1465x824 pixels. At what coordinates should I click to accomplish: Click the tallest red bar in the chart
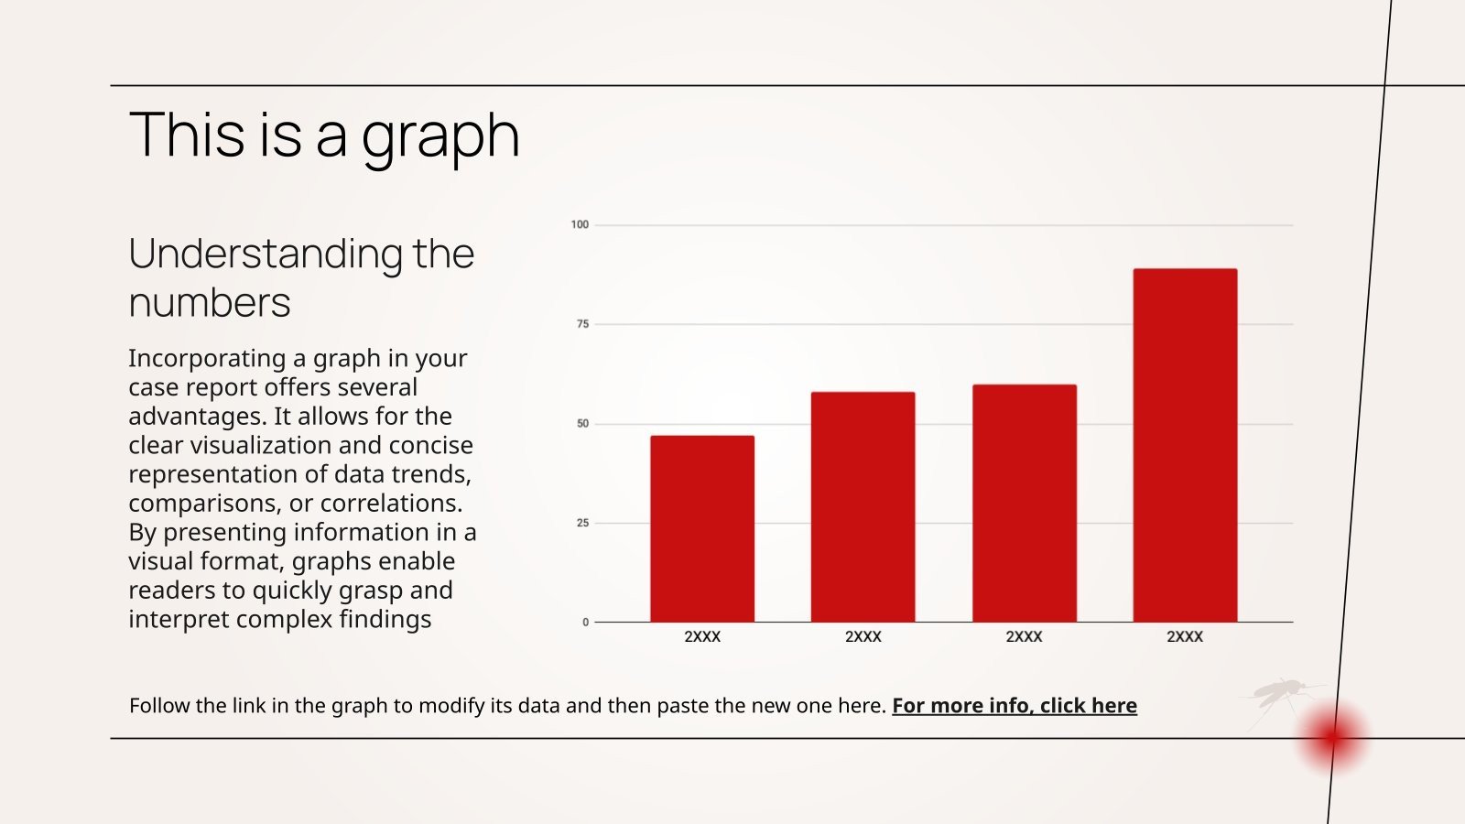click(1185, 445)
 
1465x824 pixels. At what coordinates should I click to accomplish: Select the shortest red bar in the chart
click(702, 528)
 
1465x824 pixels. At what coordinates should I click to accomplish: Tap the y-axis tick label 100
click(580, 224)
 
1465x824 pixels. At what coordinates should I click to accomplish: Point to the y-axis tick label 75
click(582, 324)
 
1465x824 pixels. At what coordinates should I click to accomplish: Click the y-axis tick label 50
click(582, 424)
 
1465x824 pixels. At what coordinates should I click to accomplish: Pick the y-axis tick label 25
click(582, 523)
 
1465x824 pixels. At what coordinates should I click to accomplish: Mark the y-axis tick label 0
click(586, 623)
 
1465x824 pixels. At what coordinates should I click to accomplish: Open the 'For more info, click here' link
click(1015, 705)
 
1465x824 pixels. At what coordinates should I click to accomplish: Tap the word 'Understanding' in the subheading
click(265, 254)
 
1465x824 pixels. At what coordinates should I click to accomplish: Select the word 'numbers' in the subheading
click(210, 302)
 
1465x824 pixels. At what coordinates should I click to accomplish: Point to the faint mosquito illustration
click(1282, 696)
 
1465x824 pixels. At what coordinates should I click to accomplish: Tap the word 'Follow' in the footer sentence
click(159, 705)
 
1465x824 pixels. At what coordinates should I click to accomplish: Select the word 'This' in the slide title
click(188, 135)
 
